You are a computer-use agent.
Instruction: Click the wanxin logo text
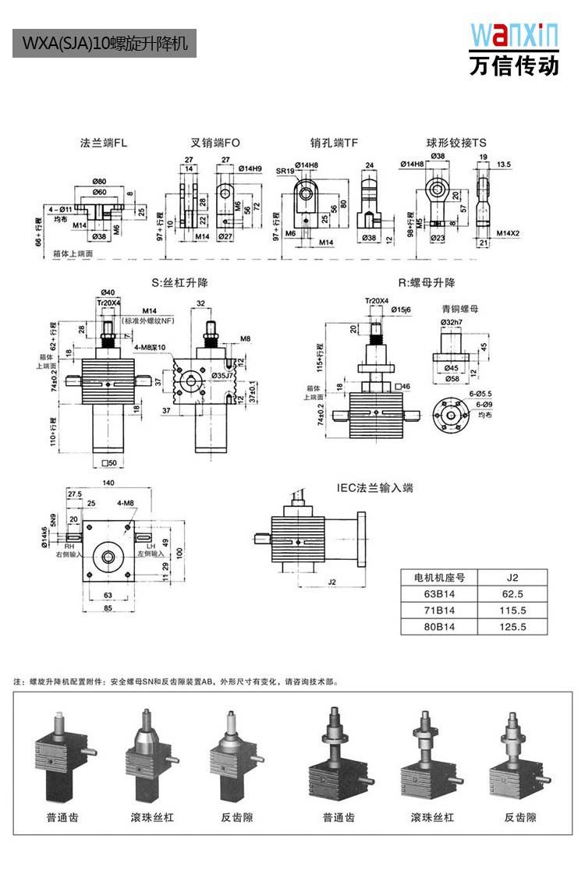(x=514, y=35)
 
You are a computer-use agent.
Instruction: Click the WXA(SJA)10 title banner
(x=105, y=44)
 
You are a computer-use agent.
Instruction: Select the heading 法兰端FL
(x=104, y=143)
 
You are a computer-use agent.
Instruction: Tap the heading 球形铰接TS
(x=456, y=143)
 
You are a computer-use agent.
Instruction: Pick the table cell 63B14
(x=439, y=595)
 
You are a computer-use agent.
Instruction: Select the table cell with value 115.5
(x=512, y=611)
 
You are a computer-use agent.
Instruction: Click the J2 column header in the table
(x=512, y=579)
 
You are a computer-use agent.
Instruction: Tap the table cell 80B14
(x=439, y=626)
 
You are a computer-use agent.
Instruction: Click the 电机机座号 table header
(x=439, y=579)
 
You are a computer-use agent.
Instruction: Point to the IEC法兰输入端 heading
(x=374, y=488)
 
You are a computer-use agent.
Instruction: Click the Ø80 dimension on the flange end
(x=99, y=182)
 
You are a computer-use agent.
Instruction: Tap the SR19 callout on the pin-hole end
(x=285, y=170)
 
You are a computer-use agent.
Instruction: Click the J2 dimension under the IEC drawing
(x=331, y=582)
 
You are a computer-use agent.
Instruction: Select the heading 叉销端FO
(x=216, y=143)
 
